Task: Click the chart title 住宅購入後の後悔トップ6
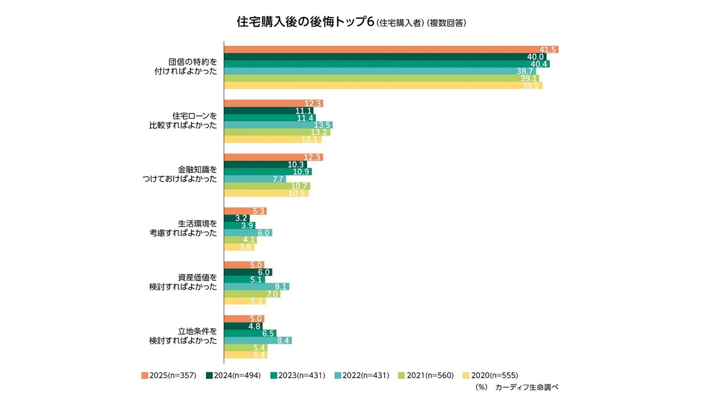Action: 305,23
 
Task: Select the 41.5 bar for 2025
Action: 391,49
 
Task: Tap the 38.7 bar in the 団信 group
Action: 380,71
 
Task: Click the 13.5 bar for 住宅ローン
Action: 278,125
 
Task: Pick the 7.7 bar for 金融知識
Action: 255,179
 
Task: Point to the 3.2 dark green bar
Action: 237,218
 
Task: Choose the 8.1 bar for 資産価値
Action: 257,287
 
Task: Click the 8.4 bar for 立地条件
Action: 258,341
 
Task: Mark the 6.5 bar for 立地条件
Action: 250,333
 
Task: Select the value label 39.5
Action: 531,85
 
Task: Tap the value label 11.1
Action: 303,111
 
